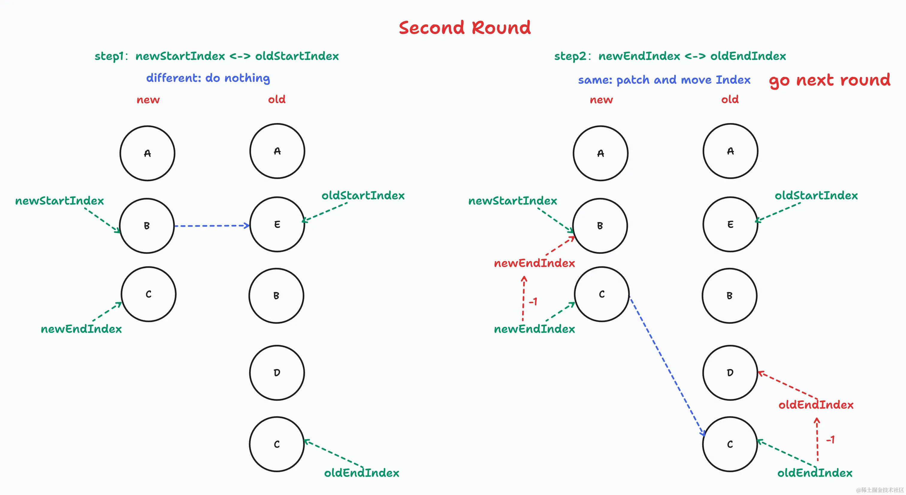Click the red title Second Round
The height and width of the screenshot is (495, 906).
click(x=464, y=28)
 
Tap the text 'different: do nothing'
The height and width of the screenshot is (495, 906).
click(x=208, y=78)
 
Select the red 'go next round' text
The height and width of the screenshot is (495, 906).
click(x=829, y=80)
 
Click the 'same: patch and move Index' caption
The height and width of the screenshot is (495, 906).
click(x=664, y=80)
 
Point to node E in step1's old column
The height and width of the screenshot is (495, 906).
click(x=277, y=224)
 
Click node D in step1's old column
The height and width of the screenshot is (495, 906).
click(x=277, y=373)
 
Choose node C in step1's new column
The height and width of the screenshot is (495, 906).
click(x=148, y=294)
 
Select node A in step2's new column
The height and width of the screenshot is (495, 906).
click(x=600, y=153)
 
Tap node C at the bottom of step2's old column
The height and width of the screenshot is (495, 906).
click(x=730, y=444)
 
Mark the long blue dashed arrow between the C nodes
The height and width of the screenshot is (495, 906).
click(x=667, y=366)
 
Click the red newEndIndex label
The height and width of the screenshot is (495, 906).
click(x=534, y=263)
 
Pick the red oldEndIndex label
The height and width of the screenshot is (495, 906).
click(x=816, y=404)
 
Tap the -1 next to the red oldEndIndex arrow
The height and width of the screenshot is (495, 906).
click(x=830, y=439)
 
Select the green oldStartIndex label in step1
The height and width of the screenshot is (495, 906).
click(x=363, y=195)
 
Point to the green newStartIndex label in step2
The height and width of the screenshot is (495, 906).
click(x=512, y=201)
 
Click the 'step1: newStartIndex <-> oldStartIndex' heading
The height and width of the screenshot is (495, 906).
click(x=216, y=56)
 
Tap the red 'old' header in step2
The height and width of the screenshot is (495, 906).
click(x=730, y=99)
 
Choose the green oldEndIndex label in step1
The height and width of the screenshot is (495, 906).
click(x=362, y=472)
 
